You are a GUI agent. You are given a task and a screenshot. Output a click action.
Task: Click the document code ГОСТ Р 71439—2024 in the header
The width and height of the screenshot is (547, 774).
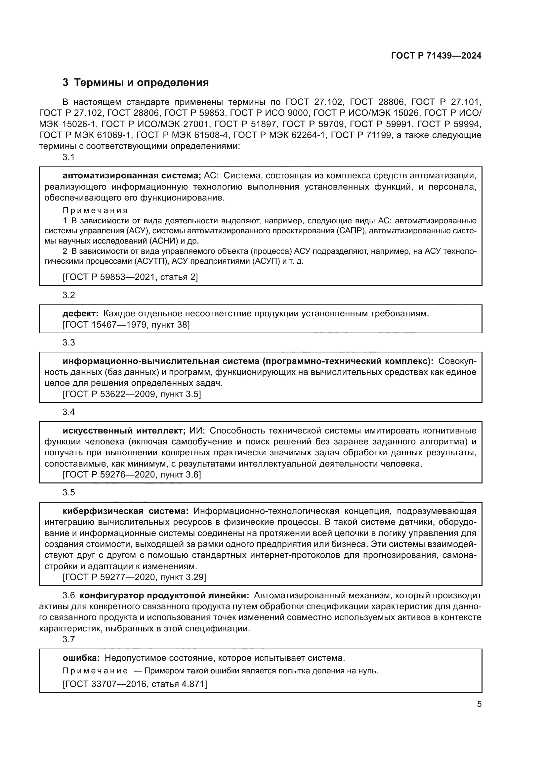pos(436,56)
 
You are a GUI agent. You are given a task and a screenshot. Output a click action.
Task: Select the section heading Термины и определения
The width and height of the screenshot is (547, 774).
pos(141,83)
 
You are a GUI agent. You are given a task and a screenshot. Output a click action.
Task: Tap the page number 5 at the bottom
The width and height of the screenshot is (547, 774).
pos(479,704)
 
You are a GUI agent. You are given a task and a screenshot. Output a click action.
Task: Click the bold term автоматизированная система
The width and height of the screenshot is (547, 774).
pos(132,176)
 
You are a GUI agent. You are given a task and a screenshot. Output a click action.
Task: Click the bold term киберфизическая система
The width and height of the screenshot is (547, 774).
pos(126,511)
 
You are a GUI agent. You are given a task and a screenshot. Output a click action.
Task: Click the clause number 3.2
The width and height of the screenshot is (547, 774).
pos(69,295)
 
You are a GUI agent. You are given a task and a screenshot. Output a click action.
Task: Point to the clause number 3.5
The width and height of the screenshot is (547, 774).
pos(69,492)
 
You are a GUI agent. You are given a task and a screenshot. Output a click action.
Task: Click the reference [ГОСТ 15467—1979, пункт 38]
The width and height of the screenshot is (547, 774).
pos(126,325)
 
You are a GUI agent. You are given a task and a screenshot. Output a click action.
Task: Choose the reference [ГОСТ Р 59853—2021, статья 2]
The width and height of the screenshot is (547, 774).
pos(130,277)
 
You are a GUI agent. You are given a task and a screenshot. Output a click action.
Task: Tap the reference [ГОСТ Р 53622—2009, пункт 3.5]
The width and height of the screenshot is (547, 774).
pos(132,394)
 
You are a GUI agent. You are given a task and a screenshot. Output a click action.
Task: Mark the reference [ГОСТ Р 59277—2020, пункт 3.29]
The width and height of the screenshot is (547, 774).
pos(134,577)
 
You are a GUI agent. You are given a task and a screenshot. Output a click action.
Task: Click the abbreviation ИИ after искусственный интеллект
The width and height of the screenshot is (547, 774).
pos(196,431)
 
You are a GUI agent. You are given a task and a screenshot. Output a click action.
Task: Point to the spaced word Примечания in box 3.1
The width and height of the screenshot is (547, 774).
pos(95,210)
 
